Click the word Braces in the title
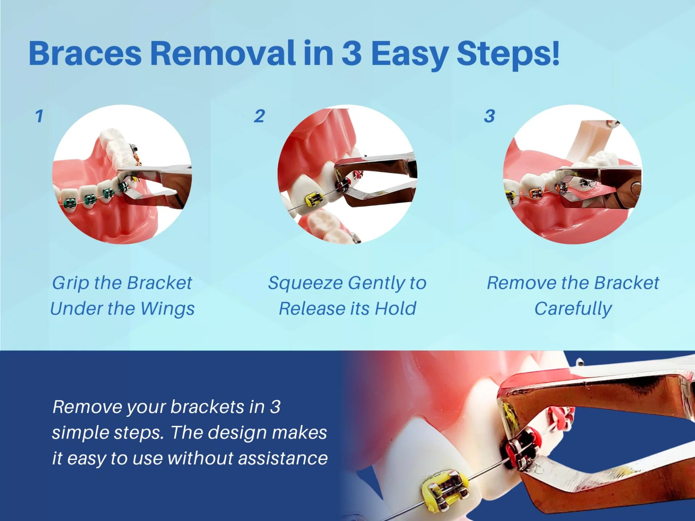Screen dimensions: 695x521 tap(85, 54)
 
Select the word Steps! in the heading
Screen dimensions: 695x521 tap(508, 54)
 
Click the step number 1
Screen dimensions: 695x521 tap(39, 116)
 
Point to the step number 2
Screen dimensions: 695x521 tap(259, 116)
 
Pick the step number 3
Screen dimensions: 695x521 tap(489, 116)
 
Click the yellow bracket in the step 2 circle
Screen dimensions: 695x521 tap(314, 200)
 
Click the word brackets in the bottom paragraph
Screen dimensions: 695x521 tap(207, 407)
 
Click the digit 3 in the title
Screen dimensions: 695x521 tap(351, 54)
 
